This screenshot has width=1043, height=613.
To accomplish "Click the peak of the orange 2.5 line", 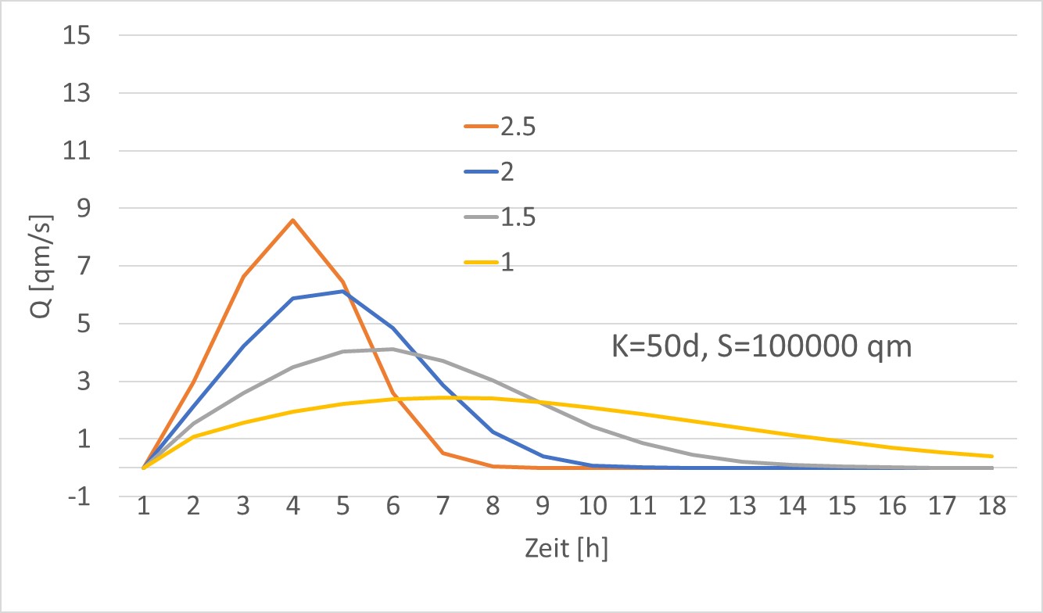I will tap(293, 220).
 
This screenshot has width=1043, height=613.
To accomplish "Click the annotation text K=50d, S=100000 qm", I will tap(761, 346).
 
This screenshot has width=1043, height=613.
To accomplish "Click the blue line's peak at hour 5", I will tap(343, 291).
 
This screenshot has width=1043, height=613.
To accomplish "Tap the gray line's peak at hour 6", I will tap(393, 349).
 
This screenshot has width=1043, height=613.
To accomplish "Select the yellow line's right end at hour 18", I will tap(992, 456).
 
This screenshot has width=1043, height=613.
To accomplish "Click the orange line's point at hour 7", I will tap(443, 453).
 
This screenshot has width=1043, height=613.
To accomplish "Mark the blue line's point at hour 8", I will tap(493, 432).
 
